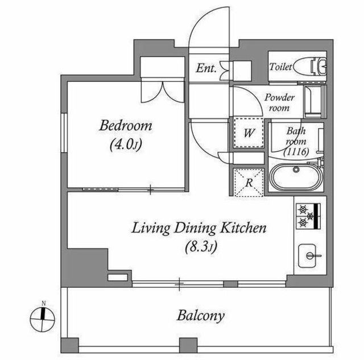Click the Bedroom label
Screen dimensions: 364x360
126,126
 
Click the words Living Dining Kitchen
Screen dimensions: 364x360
199,228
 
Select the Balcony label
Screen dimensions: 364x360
201,316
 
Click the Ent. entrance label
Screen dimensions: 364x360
206,68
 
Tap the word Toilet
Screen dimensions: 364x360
280,67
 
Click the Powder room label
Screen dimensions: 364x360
279,102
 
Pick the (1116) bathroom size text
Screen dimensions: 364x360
296,152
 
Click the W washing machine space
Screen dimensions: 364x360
249,133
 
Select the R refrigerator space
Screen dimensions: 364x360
249,183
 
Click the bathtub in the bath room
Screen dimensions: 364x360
296,176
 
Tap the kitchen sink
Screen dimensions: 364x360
307,255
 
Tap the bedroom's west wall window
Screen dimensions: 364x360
64,133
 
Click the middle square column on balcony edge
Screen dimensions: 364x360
188,345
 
